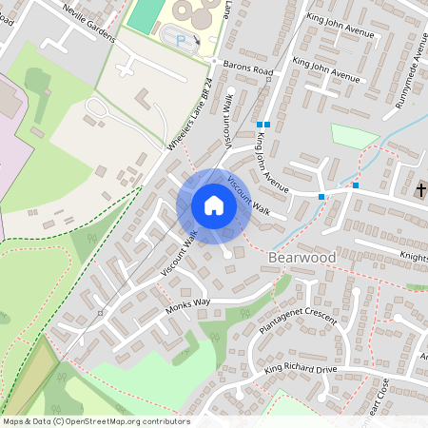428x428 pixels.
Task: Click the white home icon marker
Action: pyautogui.click(x=214, y=205)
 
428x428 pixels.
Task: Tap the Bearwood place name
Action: pyautogui.click(x=303, y=257)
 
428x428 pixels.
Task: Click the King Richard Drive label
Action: pyautogui.click(x=301, y=368)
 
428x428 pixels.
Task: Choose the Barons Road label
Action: pyautogui.click(x=248, y=70)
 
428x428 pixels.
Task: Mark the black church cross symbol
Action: pyautogui.click(x=421, y=190)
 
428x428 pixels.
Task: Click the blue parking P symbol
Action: pyautogui.click(x=181, y=40)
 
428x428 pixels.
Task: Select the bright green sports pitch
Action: pyautogui.click(x=145, y=15)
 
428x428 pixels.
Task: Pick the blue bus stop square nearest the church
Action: pyautogui.click(x=356, y=185)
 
